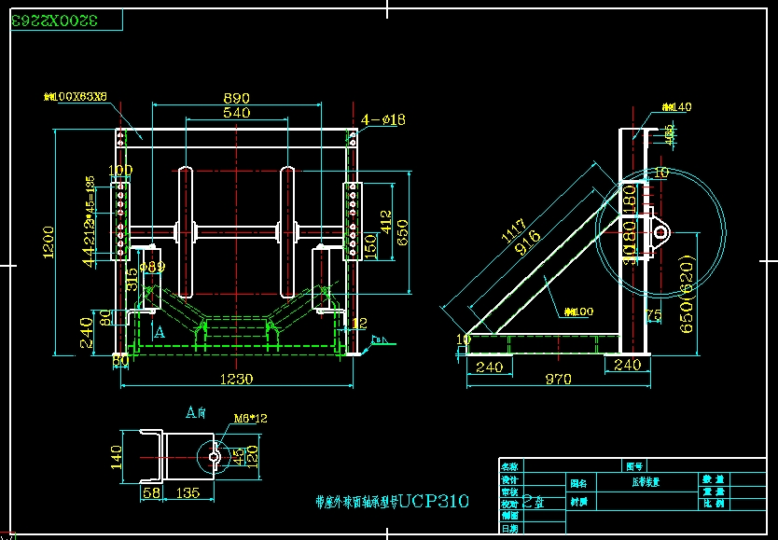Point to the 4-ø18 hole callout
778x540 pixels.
(382, 119)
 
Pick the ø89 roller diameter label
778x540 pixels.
(152, 267)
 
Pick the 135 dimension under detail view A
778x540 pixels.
(190, 492)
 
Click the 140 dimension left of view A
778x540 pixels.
(117, 458)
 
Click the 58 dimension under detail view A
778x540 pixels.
(149, 492)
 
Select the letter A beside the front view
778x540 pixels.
(160, 331)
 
